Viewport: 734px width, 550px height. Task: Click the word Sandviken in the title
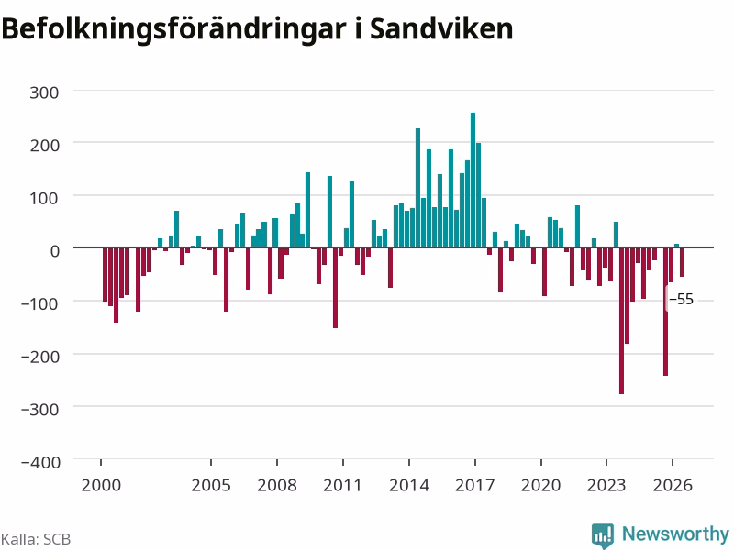pos(441,28)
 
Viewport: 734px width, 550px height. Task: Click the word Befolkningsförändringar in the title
pos(173,30)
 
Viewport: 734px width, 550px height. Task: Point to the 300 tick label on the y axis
pos(44,93)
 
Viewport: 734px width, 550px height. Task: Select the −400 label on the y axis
pos(40,462)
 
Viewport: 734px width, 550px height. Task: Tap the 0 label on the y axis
pos(55,251)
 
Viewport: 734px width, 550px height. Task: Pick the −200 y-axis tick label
pos(40,357)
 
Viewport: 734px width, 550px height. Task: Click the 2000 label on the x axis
pos(101,485)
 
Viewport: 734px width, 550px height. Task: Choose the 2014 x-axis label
pos(409,485)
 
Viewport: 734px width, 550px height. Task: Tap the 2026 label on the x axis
pos(673,485)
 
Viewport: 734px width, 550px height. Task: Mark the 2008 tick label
pos(277,485)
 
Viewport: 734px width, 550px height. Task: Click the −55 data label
pos(681,299)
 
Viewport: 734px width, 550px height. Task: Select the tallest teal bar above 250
pos(473,180)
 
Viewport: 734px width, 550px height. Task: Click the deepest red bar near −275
pos(622,320)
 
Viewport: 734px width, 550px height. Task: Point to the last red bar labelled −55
pos(682,262)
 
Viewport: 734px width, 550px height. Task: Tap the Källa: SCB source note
pos(36,539)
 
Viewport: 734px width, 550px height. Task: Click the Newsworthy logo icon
pos(603,535)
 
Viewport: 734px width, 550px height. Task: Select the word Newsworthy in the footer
pos(675,533)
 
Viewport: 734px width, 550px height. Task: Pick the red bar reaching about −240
pos(666,312)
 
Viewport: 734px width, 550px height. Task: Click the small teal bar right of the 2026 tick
pos(676,246)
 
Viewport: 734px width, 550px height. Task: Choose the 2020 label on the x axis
pos(540,485)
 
